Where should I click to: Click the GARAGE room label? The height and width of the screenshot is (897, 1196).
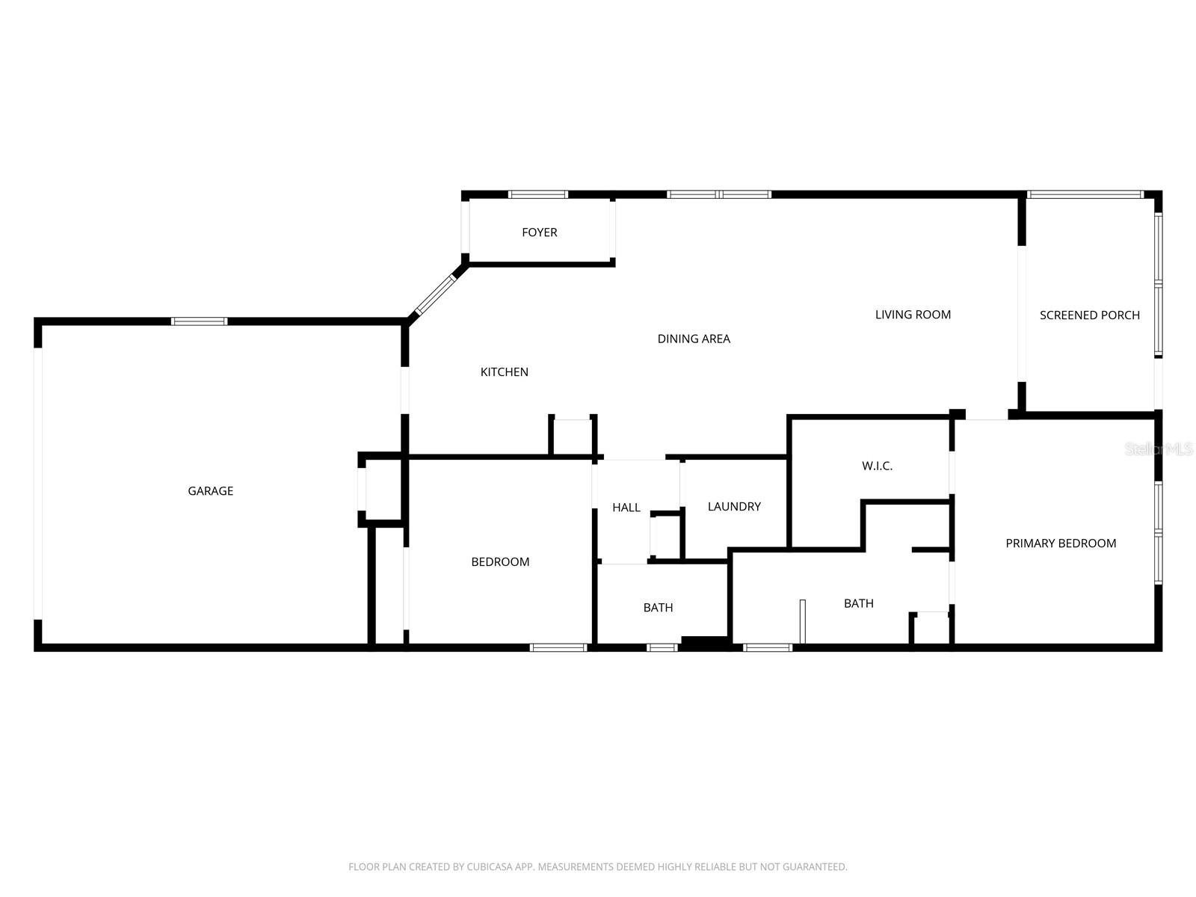coord(210,491)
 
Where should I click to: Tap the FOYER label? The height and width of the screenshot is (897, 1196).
coord(539,232)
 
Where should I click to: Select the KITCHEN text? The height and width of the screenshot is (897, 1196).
coord(504,372)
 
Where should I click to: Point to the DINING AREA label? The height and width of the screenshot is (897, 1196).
coord(693,339)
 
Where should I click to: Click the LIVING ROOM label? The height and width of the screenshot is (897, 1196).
coord(913,315)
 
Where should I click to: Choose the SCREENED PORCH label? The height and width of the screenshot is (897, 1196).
coord(1089,315)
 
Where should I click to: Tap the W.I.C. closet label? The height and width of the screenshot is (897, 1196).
coord(877,466)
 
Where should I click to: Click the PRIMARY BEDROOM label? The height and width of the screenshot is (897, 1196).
coord(1060,543)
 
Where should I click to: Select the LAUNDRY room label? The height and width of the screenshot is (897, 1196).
coord(734,507)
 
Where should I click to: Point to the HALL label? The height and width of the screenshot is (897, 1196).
coord(626,508)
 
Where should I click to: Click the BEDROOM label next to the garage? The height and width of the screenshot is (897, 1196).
coord(500,562)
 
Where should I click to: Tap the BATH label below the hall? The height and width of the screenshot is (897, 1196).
coord(658,608)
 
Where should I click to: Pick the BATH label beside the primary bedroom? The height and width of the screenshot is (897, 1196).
coord(858,603)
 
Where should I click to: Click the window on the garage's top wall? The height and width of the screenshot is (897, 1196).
coord(199,321)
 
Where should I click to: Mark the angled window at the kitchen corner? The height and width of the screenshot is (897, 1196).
coord(435,296)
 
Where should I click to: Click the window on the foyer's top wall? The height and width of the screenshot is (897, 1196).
coord(537,195)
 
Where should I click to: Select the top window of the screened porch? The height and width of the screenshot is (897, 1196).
coord(1085,195)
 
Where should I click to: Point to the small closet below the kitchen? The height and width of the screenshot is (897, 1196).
coord(573,437)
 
